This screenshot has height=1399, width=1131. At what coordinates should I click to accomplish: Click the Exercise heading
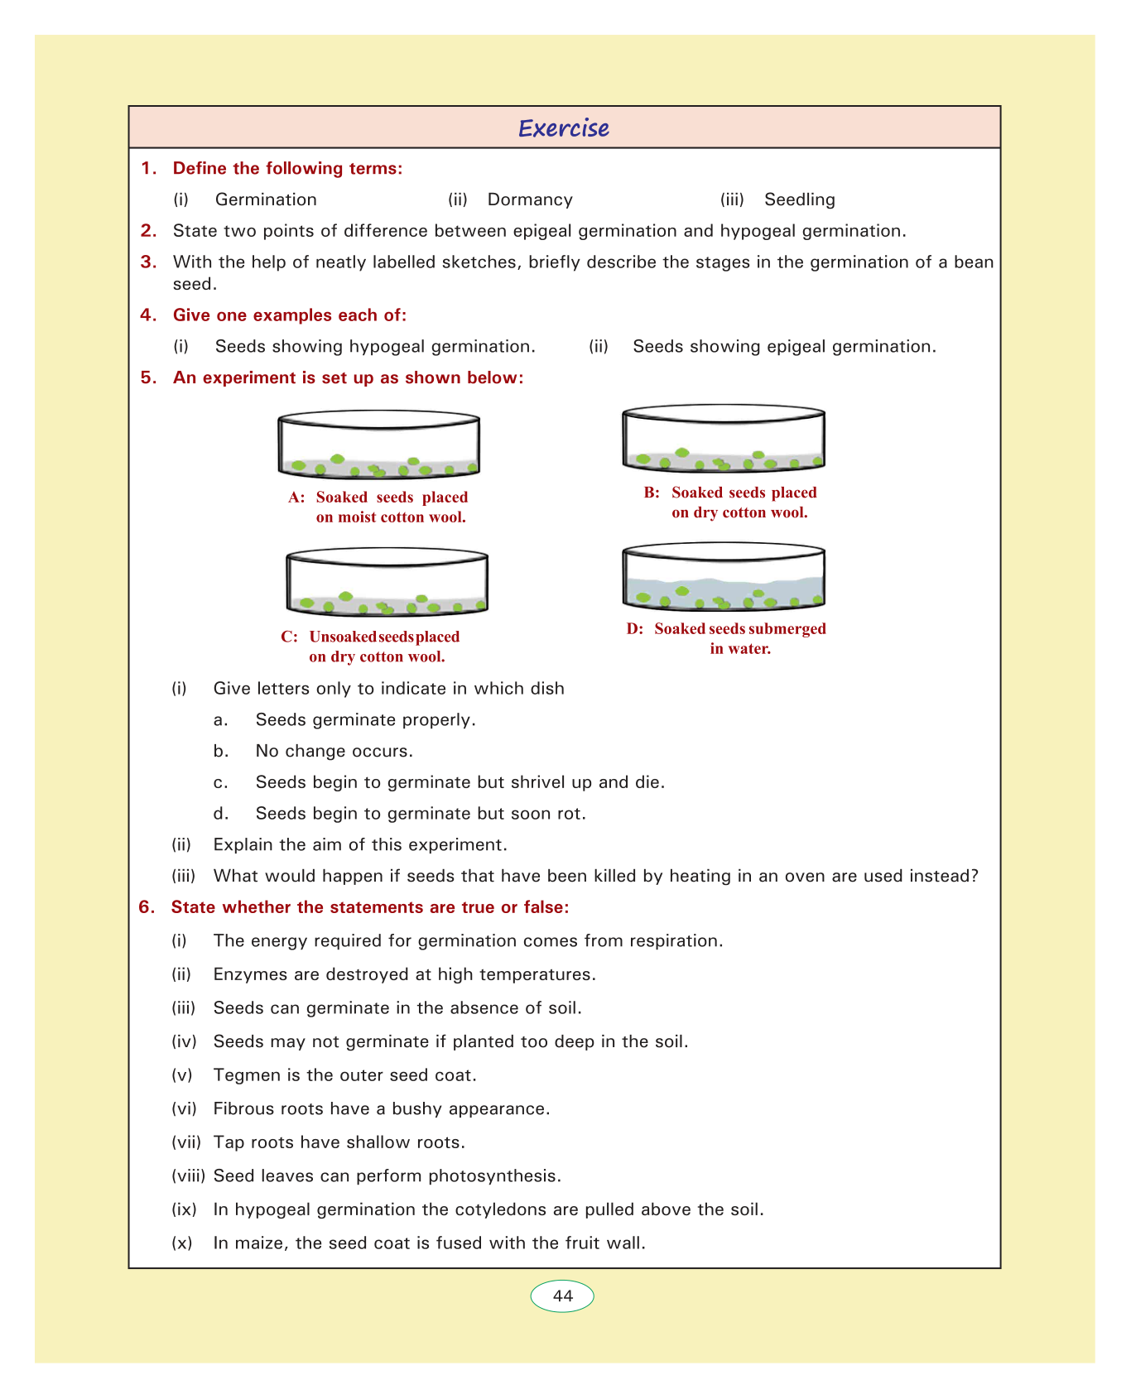tap(564, 128)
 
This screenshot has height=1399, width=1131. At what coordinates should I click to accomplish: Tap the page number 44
tap(562, 1296)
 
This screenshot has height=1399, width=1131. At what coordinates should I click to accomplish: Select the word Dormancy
tap(530, 200)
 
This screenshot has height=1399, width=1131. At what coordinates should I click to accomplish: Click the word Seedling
tap(799, 200)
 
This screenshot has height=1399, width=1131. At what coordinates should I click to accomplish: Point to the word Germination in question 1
tap(266, 200)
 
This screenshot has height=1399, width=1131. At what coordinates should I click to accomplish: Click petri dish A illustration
tap(379, 445)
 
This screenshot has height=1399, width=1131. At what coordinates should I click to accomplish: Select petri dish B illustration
tap(724, 438)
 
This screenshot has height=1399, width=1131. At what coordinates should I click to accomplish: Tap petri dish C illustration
tap(387, 582)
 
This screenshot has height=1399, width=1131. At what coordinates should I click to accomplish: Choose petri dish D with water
tap(724, 576)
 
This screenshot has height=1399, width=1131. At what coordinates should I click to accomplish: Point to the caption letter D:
tap(635, 629)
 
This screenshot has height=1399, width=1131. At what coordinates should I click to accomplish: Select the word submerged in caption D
tap(787, 629)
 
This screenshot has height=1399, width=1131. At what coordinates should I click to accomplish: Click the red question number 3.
tap(148, 262)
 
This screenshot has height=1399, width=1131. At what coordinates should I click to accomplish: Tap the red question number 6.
tap(147, 907)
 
